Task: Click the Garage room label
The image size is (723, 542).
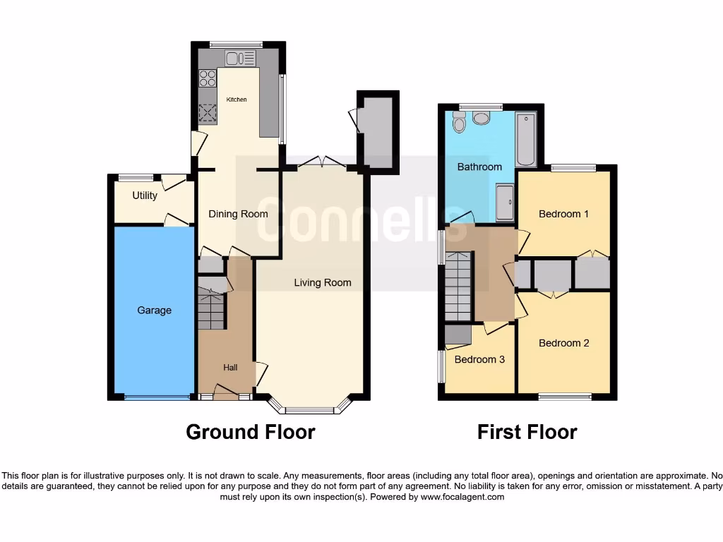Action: click(154, 311)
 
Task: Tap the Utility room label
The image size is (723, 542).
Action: click(145, 195)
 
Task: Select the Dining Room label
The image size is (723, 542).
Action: click(238, 214)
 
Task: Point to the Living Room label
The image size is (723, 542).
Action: click(323, 283)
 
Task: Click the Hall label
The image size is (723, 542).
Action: click(230, 368)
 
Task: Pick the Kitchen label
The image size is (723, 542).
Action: click(237, 100)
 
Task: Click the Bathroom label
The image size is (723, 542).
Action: click(479, 167)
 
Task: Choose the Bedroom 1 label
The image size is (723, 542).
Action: click(563, 214)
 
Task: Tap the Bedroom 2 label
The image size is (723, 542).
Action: click(563, 343)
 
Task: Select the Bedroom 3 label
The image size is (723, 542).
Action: click(479, 359)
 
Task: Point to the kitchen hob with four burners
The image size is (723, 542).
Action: click(208, 78)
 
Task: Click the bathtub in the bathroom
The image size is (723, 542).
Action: click(526, 138)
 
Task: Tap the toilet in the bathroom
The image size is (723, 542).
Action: click(482, 117)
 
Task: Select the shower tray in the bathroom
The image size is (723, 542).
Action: click(505, 203)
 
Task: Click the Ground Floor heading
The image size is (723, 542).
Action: click(250, 431)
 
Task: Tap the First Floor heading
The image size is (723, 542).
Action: click(527, 431)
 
